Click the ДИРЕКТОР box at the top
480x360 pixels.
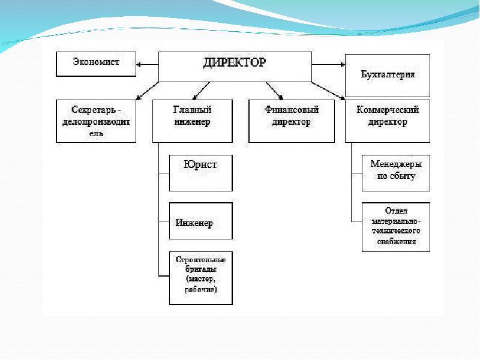[235, 65]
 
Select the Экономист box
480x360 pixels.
[96, 64]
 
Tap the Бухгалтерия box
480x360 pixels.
[388, 74]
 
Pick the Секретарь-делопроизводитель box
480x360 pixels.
[96, 121]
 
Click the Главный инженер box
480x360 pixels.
[192, 121]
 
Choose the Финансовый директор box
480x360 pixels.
[291, 121]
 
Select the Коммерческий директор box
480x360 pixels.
[388, 121]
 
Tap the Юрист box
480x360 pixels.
[200, 173]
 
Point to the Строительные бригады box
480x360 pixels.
[200, 277]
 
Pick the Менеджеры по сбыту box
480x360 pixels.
[396, 173]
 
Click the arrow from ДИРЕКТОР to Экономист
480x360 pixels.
[147, 64]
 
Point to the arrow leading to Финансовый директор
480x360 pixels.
[274, 89]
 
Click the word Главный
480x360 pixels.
[193, 110]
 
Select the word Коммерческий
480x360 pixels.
[388, 110]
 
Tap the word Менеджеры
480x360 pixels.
[396, 164]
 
